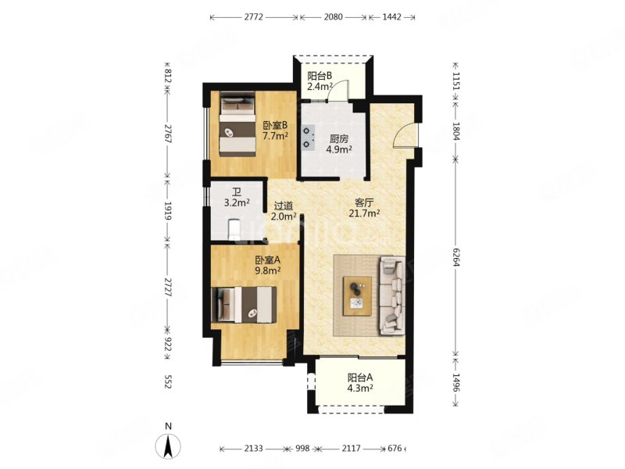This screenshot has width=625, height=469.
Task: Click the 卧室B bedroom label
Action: pyautogui.click(x=275, y=126)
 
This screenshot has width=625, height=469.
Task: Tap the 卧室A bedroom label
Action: pyautogui.click(x=268, y=260)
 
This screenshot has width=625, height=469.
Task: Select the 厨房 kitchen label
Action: pyautogui.click(x=339, y=139)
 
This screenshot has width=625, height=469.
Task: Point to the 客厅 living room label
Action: pyautogui.click(x=364, y=202)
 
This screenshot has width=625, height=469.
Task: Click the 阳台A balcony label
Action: pyautogui.click(x=360, y=378)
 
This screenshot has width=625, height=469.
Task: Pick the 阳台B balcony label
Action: pyautogui.click(x=320, y=76)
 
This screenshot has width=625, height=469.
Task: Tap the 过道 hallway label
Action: pyautogui.click(x=284, y=206)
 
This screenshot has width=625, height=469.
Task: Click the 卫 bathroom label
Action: pyautogui.click(x=237, y=192)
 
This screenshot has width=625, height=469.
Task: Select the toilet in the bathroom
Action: pyautogui.click(x=233, y=230)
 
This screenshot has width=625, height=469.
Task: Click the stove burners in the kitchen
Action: pyautogui.click(x=307, y=138)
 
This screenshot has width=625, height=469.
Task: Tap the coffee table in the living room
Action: pyautogui.click(x=358, y=296)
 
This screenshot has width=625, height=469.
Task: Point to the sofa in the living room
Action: pyautogui.click(x=392, y=295)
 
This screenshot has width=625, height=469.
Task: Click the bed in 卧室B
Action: pyautogui.click(x=237, y=124)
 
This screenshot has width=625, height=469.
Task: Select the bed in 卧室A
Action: pyautogui.click(x=244, y=304)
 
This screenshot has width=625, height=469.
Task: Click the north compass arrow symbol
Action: pyautogui.click(x=168, y=445)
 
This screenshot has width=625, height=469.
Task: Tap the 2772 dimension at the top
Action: pyautogui.click(x=253, y=17)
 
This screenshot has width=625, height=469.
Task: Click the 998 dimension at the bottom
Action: pyautogui.click(x=302, y=449)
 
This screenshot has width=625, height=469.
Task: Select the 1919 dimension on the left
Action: pyautogui.click(x=168, y=211)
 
